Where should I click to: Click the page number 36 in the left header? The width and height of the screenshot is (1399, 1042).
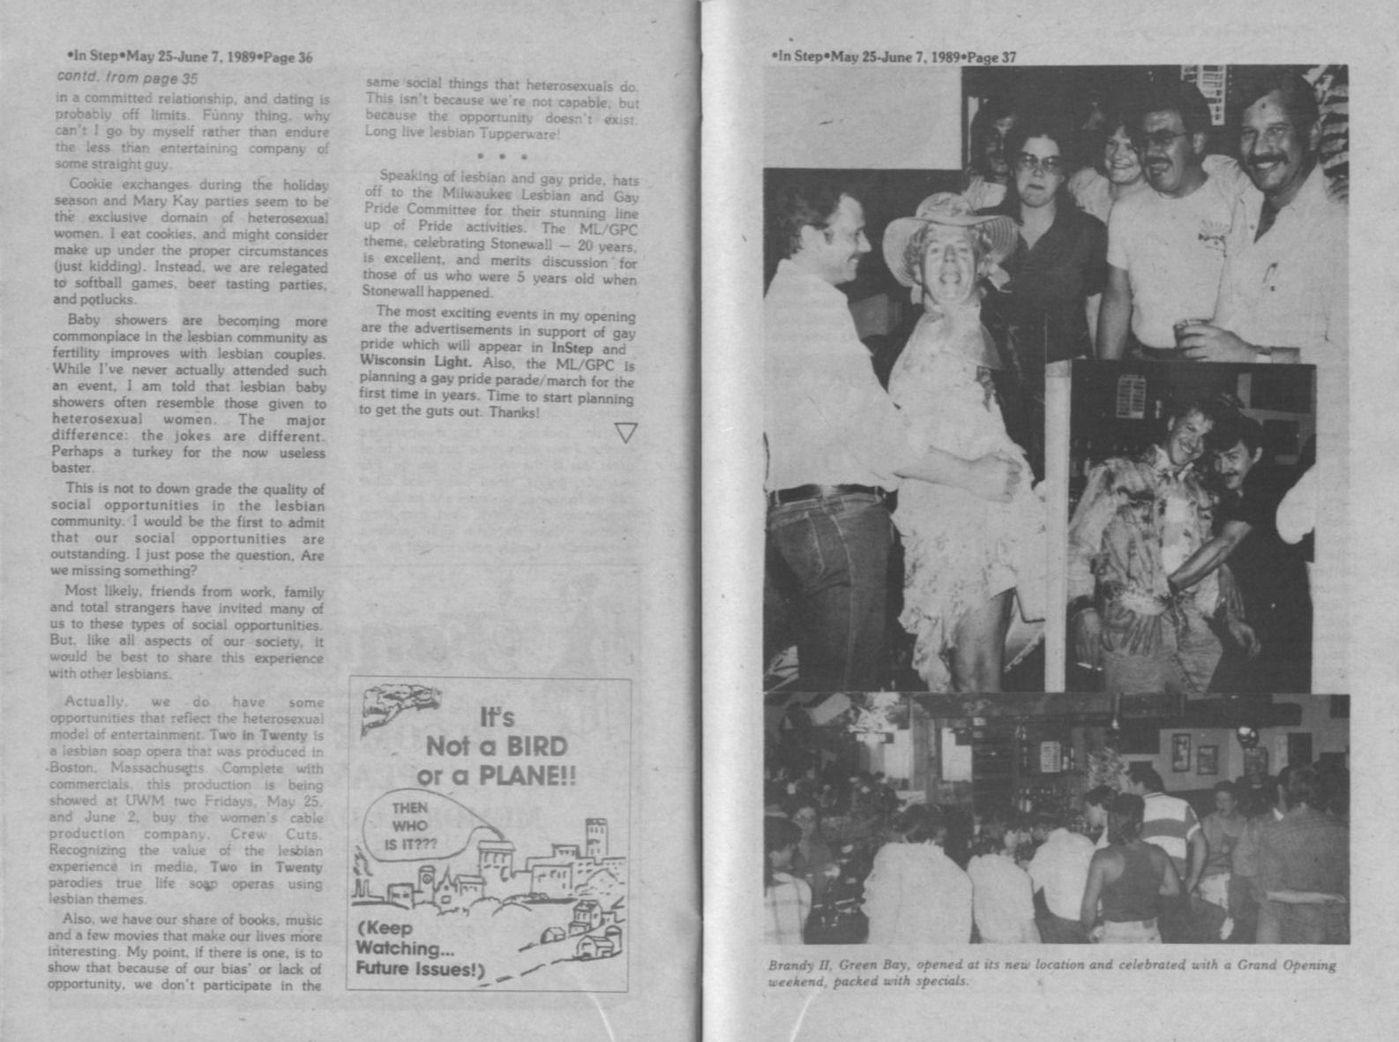click(x=304, y=58)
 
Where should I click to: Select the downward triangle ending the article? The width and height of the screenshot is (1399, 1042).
click(x=625, y=432)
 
